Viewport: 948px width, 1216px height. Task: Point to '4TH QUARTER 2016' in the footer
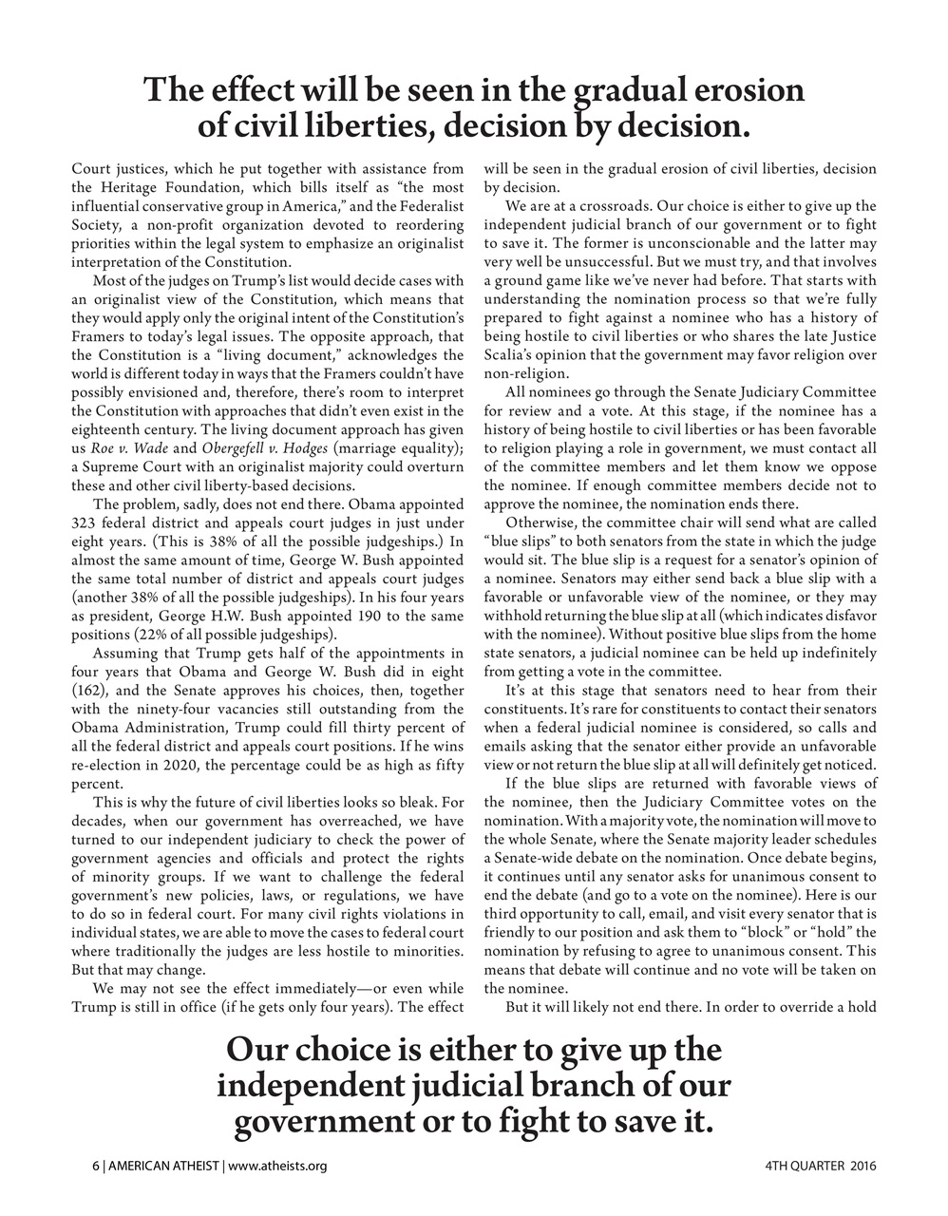coord(820,1166)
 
